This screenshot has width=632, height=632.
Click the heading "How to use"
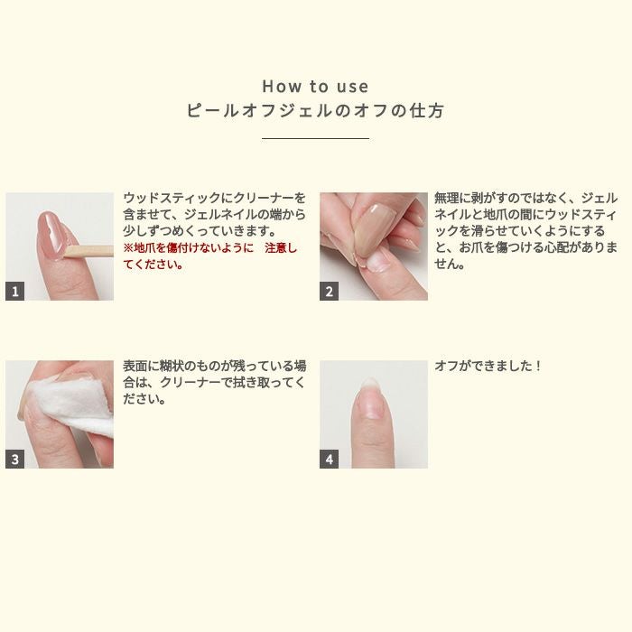point(315,87)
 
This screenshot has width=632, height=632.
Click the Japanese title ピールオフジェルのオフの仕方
point(315,110)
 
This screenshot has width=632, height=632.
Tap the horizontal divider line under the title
point(315,138)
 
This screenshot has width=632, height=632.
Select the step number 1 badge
point(15,291)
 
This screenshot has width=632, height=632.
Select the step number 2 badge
point(329,291)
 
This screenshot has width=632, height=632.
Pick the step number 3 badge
point(15,459)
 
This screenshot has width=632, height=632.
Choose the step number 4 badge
point(329,459)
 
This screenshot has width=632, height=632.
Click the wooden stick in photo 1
point(88,252)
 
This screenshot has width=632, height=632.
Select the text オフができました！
point(487,366)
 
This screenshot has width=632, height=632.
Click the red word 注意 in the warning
point(274,248)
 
